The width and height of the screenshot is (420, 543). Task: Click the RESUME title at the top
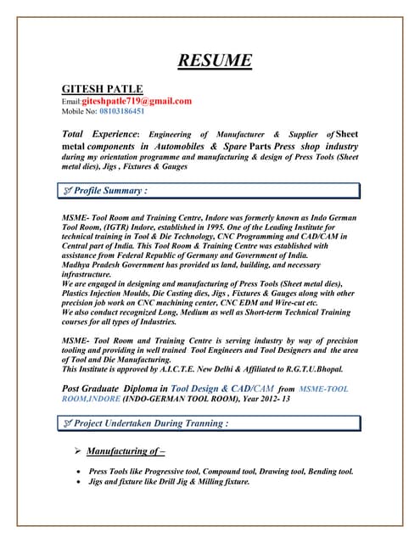tap(215, 60)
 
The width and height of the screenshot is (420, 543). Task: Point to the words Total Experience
tap(99, 134)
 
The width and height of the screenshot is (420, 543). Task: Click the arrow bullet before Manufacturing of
tap(77, 451)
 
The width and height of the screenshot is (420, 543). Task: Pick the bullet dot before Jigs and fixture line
tap(78, 481)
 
